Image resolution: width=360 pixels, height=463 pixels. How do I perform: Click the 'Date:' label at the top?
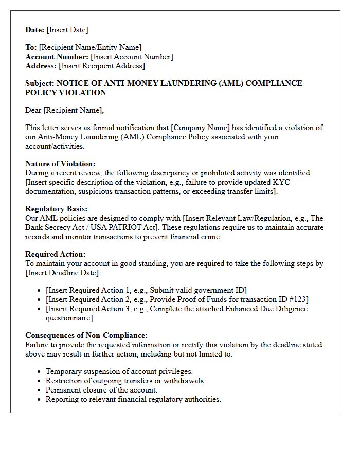coord(35,30)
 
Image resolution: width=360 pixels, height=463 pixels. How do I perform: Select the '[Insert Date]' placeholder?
coord(67,30)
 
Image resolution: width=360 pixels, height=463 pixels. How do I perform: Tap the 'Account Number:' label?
coord(57,57)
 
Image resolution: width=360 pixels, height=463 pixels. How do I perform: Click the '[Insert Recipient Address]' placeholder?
coord(102,66)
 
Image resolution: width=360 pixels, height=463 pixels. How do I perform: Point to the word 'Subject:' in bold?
coord(40,83)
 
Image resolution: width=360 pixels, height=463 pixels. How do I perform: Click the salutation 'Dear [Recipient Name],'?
coord(64,110)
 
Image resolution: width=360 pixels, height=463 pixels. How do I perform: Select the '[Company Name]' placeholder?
coord(200,128)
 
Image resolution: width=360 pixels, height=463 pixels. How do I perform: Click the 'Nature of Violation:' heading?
coord(60,164)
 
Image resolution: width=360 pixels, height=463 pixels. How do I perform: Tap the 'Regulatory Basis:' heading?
coord(56,209)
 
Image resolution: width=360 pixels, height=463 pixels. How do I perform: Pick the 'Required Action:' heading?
coord(56,254)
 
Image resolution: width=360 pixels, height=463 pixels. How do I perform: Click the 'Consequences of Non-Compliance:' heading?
coord(86,335)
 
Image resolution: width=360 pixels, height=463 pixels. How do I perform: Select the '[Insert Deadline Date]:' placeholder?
coord(63,273)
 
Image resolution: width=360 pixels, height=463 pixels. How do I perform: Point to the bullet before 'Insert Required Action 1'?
coord(40,291)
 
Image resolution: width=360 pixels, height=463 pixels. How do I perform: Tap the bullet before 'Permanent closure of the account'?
coord(40,390)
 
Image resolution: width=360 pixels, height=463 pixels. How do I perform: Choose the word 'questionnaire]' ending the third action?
coord(69,318)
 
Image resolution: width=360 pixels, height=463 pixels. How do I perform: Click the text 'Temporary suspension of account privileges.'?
coord(119,371)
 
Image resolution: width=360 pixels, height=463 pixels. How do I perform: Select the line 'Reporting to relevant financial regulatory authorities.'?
coord(133,399)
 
